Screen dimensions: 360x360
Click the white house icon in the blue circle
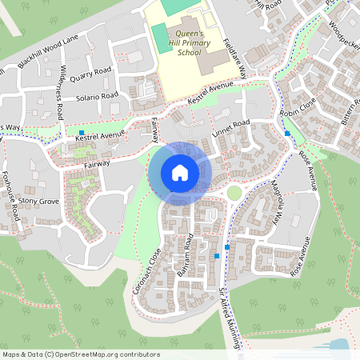[179, 172]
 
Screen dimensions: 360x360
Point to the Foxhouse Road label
[10, 195]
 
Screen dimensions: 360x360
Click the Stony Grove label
[39, 201]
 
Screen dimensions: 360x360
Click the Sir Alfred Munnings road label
[230, 320]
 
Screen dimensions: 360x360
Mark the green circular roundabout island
[234, 193]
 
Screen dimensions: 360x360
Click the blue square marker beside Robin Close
[286, 133]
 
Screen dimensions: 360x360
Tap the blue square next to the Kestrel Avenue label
[82, 132]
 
